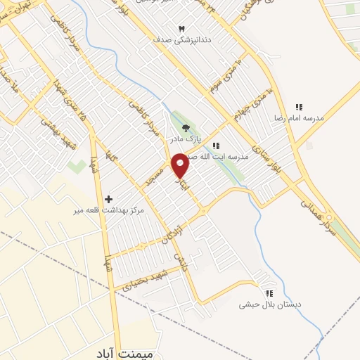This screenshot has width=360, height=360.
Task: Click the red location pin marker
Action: (180, 165)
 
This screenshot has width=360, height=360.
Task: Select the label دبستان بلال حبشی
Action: (270, 304)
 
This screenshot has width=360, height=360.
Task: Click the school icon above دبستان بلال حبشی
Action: (268, 293)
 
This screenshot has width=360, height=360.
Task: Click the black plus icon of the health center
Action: (108, 199)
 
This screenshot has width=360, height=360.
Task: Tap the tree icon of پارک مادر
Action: (186, 127)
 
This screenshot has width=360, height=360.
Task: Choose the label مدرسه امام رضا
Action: (300, 118)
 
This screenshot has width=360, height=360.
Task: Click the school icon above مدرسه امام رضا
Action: (299, 107)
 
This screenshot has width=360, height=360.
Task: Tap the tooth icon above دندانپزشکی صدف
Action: (182, 28)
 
